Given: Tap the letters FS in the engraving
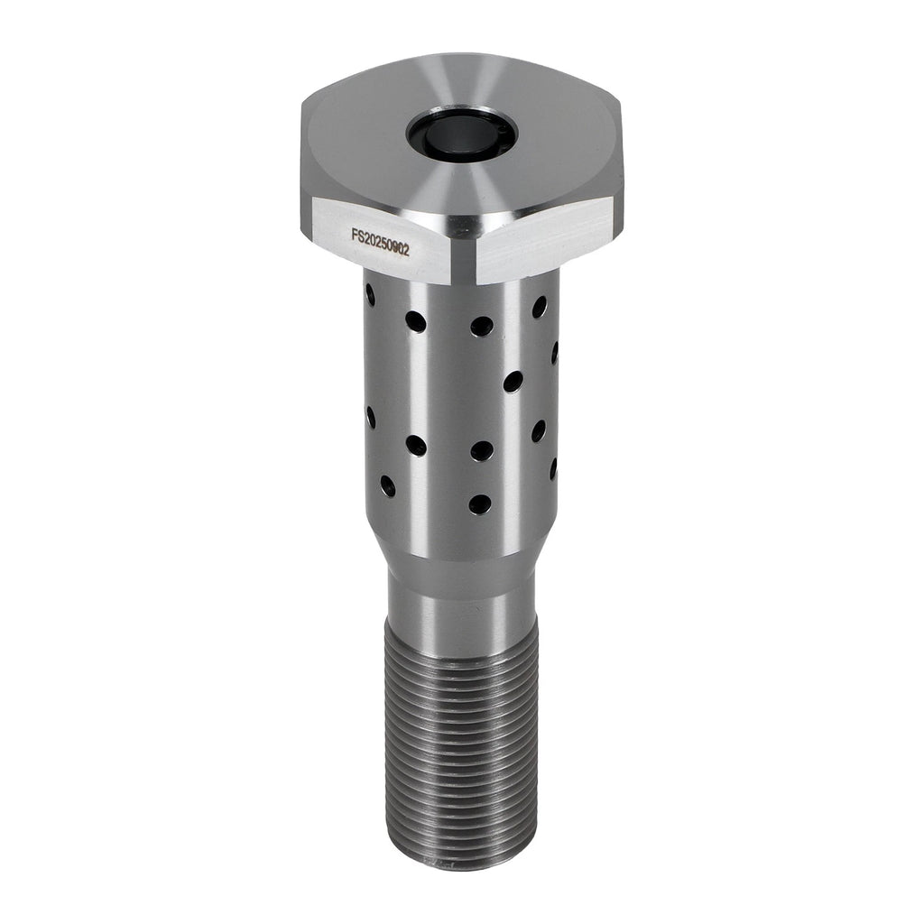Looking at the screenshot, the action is pyautogui.click(x=356, y=236).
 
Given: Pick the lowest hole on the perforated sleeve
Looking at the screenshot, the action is pyautogui.click(x=481, y=503).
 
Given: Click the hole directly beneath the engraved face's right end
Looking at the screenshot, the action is pyautogui.click(x=416, y=320).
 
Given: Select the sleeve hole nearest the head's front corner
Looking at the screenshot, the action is pyautogui.click(x=482, y=324).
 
